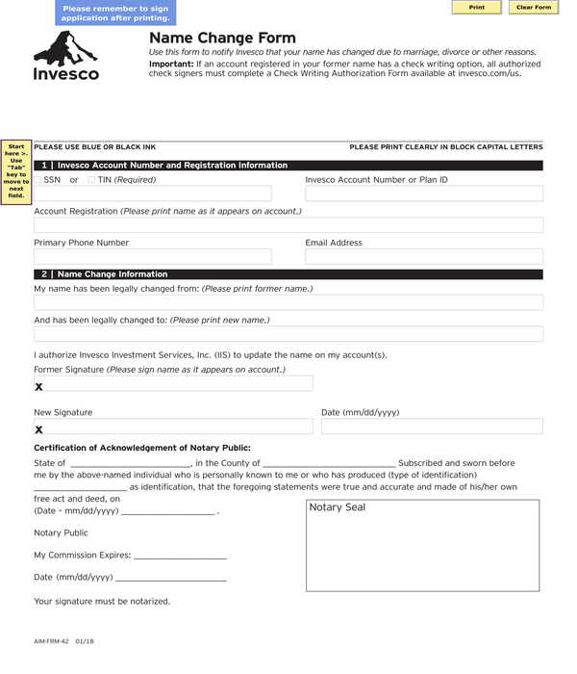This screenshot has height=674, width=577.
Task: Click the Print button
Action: (x=476, y=8)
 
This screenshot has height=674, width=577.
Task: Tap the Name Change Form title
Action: (x=209, y=39)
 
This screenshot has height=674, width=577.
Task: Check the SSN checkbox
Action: (x=38, y=180)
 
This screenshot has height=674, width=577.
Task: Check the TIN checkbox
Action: (x=91, y=180)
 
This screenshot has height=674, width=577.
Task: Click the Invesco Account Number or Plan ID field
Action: (x=423, y=194)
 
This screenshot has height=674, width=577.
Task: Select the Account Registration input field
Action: (x=288, y=225)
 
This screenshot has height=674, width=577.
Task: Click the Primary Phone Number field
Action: (x=153, y=257)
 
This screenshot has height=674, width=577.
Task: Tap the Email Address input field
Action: (x=423, y=257)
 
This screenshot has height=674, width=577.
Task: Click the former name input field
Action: (x=288, y=302)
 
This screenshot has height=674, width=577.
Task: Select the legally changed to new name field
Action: (x=288, y=334)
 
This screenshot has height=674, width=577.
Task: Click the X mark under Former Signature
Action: (x=39, y=387)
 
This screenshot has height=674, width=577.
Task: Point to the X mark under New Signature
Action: (x=39, y=429)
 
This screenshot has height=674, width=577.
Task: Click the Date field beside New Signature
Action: (x=432, y=427)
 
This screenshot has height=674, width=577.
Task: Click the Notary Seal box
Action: (x=422, y=545)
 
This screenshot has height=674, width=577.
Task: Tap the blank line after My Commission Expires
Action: (x=180, y=556)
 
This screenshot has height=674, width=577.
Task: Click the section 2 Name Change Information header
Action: (x=288, y=274)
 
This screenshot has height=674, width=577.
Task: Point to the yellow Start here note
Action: (x=16, y=170)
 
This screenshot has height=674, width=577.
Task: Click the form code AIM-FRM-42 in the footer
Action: (x=51, y=640)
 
